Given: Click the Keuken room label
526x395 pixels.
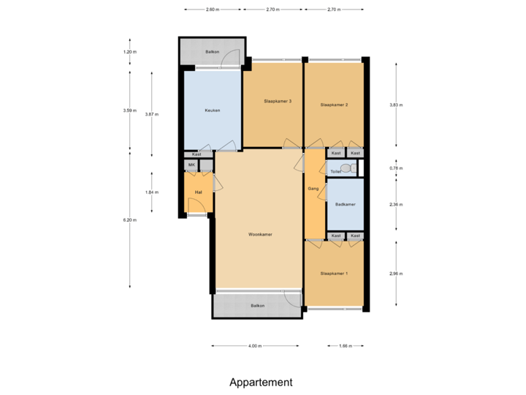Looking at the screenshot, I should click(212, 110).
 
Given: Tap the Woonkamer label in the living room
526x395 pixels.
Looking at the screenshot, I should click(260, 235).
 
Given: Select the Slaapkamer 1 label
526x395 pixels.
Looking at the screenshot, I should click(334, 274).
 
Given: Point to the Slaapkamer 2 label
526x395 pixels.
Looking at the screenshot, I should click(334, 105).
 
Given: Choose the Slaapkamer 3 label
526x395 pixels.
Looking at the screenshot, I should click(278, 101).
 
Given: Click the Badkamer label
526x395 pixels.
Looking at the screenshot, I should click(345, 205).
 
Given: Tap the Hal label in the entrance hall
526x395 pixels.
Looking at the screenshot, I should click(197, 192).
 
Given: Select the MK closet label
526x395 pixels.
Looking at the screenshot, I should click(191, 165).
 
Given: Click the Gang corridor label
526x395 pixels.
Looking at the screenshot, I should click(313, 188).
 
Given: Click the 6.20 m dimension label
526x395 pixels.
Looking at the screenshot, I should click(130, 220).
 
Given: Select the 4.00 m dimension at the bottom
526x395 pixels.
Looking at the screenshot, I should click(255, 345).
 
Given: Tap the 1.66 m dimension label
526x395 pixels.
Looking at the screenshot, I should click(346, 345).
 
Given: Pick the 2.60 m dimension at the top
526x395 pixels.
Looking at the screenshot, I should click(211, 10).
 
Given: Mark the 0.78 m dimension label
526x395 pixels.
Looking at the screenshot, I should click(396, 168).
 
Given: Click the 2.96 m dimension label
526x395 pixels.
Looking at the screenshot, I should click(396, 273).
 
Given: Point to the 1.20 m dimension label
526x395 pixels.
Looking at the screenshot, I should click(130, 52).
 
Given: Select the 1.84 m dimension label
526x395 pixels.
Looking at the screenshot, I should click(151, 192).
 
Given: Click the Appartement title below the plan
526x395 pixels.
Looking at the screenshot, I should click(261, 382).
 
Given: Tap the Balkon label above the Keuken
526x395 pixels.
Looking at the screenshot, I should click(212, 52).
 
